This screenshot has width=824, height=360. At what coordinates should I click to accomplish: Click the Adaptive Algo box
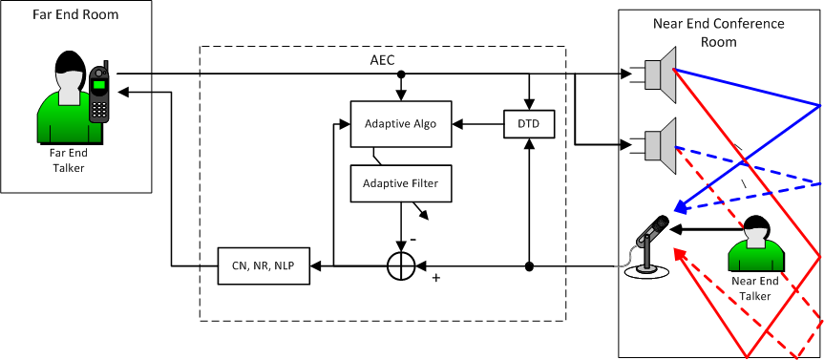coord(401,124)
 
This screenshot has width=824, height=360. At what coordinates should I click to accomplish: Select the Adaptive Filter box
coord(401,183)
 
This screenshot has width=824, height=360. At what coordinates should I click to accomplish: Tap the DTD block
coord(529,124)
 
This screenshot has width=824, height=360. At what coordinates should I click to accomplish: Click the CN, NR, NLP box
coord(264,265)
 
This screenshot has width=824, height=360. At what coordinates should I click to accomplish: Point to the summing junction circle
coord(401,265)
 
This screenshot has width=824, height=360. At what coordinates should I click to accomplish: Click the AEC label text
coord(382,59)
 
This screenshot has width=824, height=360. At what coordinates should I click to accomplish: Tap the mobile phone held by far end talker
coord(98,93)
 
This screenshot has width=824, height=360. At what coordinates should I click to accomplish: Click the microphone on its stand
coord(648,246)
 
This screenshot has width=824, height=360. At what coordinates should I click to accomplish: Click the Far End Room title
coord(75,14)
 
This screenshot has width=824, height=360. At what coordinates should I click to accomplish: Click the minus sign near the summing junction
coord(413,240)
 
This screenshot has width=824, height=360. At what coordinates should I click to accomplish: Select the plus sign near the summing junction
coord(435,277)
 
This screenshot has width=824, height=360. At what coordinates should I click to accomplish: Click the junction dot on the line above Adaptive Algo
coord(401,74)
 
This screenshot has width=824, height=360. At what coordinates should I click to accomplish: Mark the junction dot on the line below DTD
coord(529,266)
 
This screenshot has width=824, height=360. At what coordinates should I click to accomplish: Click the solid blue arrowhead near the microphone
coord(681,208)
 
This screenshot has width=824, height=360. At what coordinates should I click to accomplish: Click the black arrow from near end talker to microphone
coord(708,229)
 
